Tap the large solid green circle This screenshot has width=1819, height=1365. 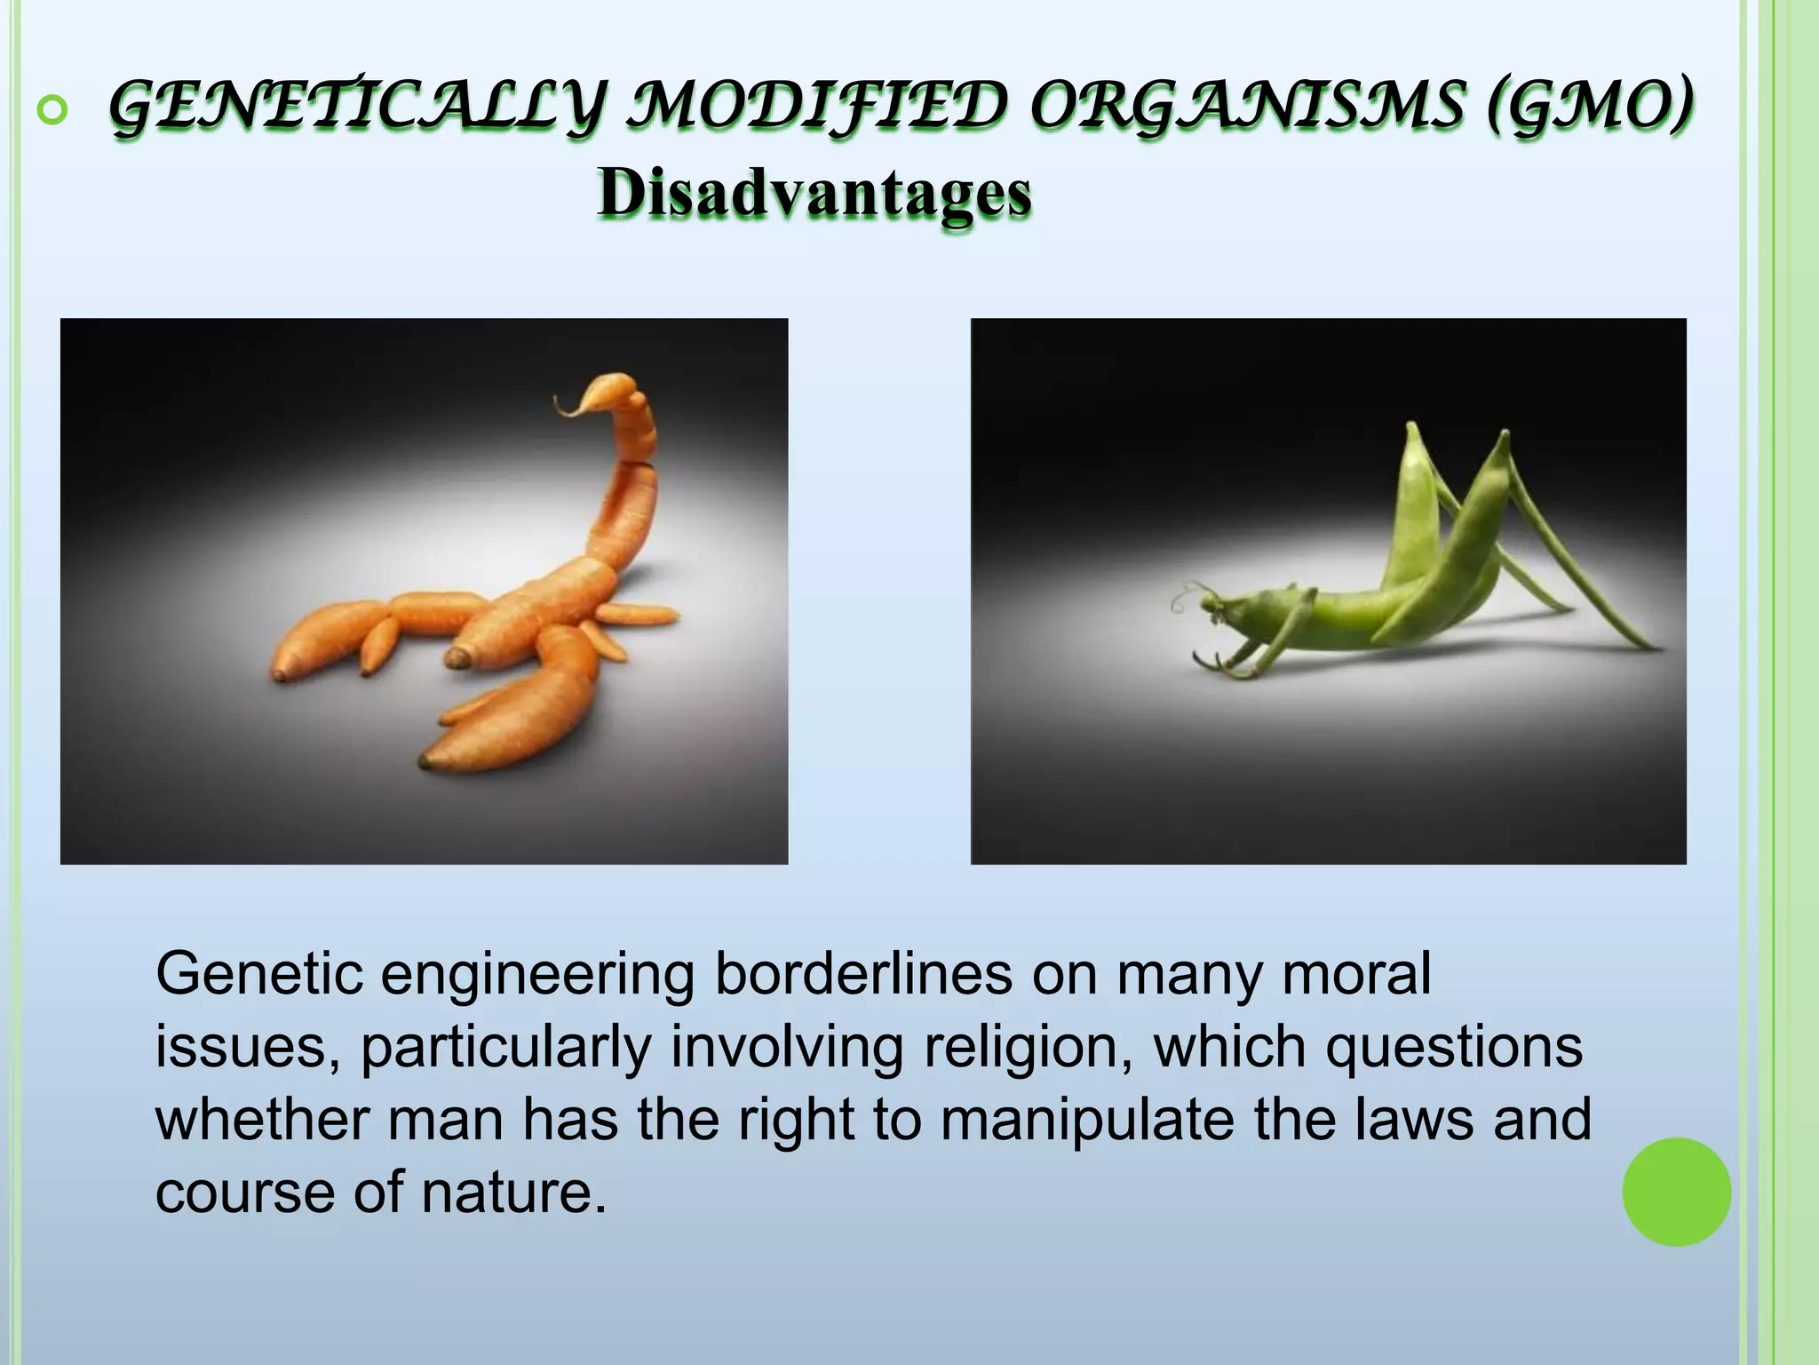click(x=1676, y=1192)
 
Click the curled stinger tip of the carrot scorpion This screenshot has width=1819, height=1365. click(x=568, y=405)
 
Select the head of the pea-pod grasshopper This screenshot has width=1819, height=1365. click(x=1215, y=608)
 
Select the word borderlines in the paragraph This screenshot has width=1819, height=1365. click(x=862, y=974)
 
